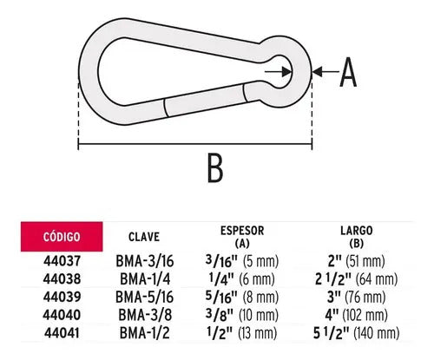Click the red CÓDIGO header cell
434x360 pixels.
coord(62,237)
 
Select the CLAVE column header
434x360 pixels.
coord(144,237)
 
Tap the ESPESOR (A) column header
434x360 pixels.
coord(242,237)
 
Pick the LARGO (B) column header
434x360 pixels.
coord(357,237)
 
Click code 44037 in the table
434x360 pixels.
coord(62,261)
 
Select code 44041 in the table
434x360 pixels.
coord(62,333)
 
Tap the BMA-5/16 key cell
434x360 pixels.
coord(145,297)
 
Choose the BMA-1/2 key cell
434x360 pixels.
coord(145,333)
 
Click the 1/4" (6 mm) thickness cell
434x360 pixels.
coord(241,279)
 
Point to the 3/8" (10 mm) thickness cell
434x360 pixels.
coord(242,315)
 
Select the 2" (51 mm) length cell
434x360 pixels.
coord(357,261)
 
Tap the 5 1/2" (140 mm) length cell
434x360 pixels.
coord(357,333)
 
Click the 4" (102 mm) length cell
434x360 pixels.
coord(357,315)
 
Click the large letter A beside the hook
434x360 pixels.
coord(348,72)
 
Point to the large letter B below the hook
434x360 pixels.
coord(215,167)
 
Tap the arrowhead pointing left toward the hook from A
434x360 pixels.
coord(318,71)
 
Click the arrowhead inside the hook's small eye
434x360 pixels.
coord(286,72)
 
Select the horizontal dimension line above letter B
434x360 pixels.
coord(195,143)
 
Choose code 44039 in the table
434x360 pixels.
coord(62,297)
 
